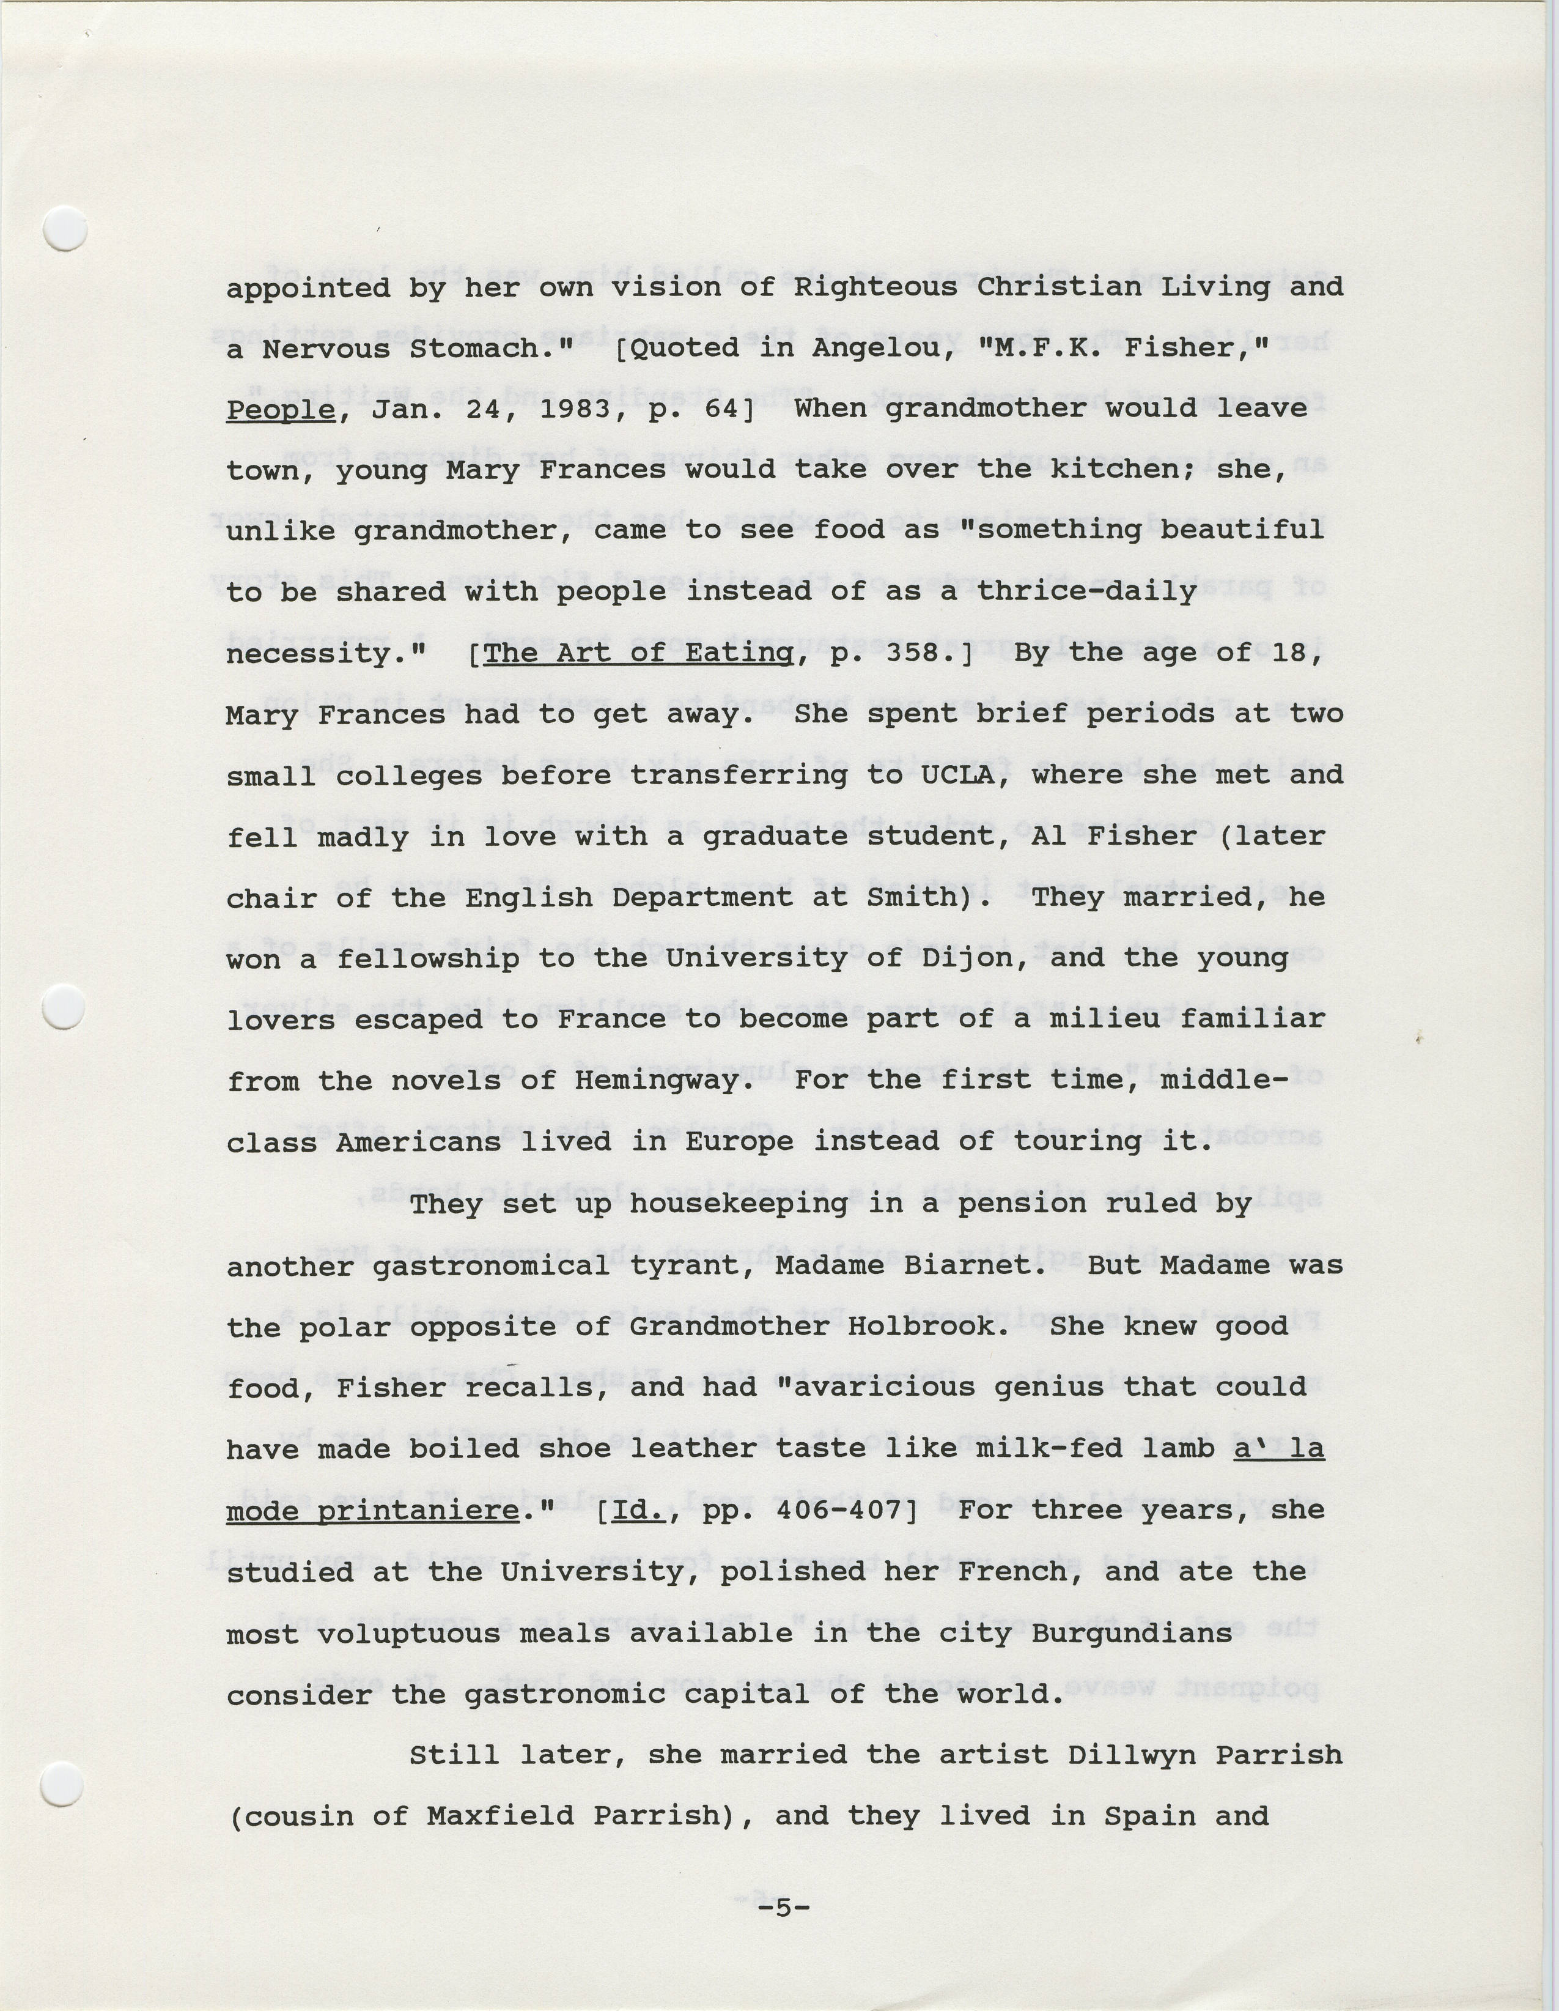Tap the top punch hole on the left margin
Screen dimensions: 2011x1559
tap(66, 228)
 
